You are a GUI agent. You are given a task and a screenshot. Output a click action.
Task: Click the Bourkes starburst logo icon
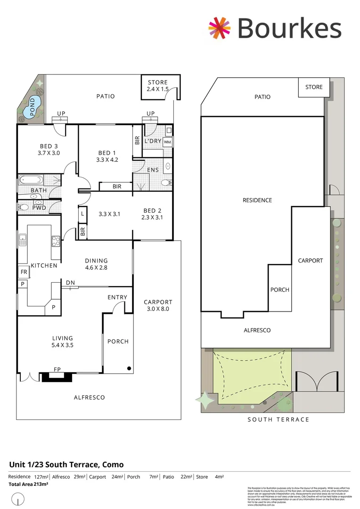coord(220,28)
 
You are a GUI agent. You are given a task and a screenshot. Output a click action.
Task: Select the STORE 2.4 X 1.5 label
coord(157,86)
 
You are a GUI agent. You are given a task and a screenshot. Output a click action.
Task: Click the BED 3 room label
coord(47,149)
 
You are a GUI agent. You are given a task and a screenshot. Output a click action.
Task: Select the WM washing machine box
coord(167,141)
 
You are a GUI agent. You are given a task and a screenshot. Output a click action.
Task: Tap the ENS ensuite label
coord(153,170)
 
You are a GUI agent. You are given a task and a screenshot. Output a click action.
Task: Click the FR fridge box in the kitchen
coord(23,272)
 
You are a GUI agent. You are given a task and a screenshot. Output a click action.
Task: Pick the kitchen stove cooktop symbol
coord(55,241)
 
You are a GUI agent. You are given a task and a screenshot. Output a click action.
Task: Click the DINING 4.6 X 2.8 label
coord(96,264)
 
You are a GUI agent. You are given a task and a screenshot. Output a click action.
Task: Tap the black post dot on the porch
coord(129,368)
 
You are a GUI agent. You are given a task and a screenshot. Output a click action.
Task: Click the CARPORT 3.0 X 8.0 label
coord(158,305)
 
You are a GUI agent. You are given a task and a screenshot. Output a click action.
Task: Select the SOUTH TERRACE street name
coord(278,419)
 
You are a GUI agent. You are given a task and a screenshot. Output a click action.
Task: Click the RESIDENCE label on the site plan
coord(257,200)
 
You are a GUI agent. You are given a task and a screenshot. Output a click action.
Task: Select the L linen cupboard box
coord(82,213)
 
